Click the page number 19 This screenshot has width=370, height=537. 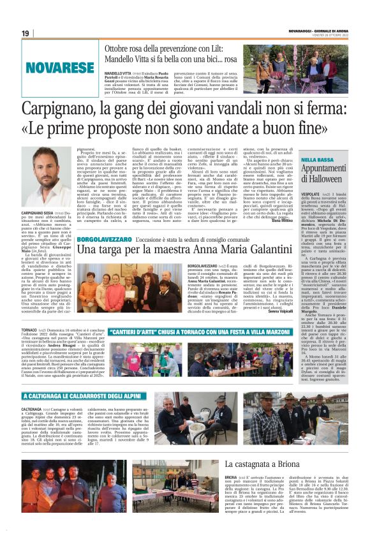click(x=26, y=33)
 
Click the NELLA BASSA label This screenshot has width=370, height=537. click(x=318, y=159)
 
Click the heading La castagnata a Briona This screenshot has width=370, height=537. click(x=267, y=464)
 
